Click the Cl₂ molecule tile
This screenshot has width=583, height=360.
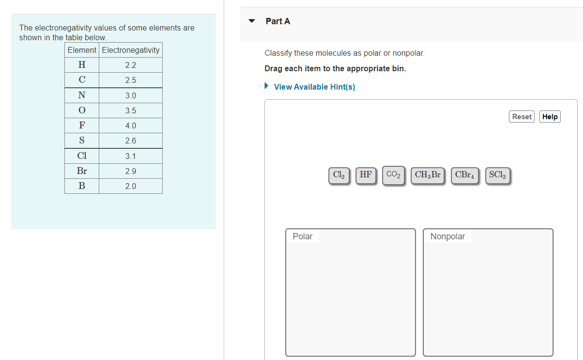tap(339, 175)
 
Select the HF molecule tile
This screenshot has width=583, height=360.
tap(366, 175)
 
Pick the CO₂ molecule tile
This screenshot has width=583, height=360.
tap(393, 175)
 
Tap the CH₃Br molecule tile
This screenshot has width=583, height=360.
tap(428, 175)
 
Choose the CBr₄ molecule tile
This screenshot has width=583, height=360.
tap(464, 175)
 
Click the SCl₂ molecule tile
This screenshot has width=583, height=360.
tap(497, 175)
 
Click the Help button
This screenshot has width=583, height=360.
tap(550, 117)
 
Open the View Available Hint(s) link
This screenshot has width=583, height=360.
tap(314, 87)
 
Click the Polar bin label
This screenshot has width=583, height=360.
tap(303, 236)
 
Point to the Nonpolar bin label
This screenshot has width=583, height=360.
tap(447, 236)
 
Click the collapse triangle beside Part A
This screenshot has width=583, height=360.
tap(251, 21)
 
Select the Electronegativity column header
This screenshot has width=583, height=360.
tap(131, 50)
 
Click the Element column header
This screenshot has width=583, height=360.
tap(82, 50)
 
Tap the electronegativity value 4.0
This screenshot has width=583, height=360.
tap(131, 126)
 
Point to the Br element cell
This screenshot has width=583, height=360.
tap(82, 171)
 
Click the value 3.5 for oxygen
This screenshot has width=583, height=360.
tap(131, 111)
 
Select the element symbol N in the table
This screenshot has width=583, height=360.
tap(82, 95)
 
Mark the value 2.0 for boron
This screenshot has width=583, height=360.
tap(131, 187)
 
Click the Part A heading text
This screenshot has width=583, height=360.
tap(278, 21)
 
